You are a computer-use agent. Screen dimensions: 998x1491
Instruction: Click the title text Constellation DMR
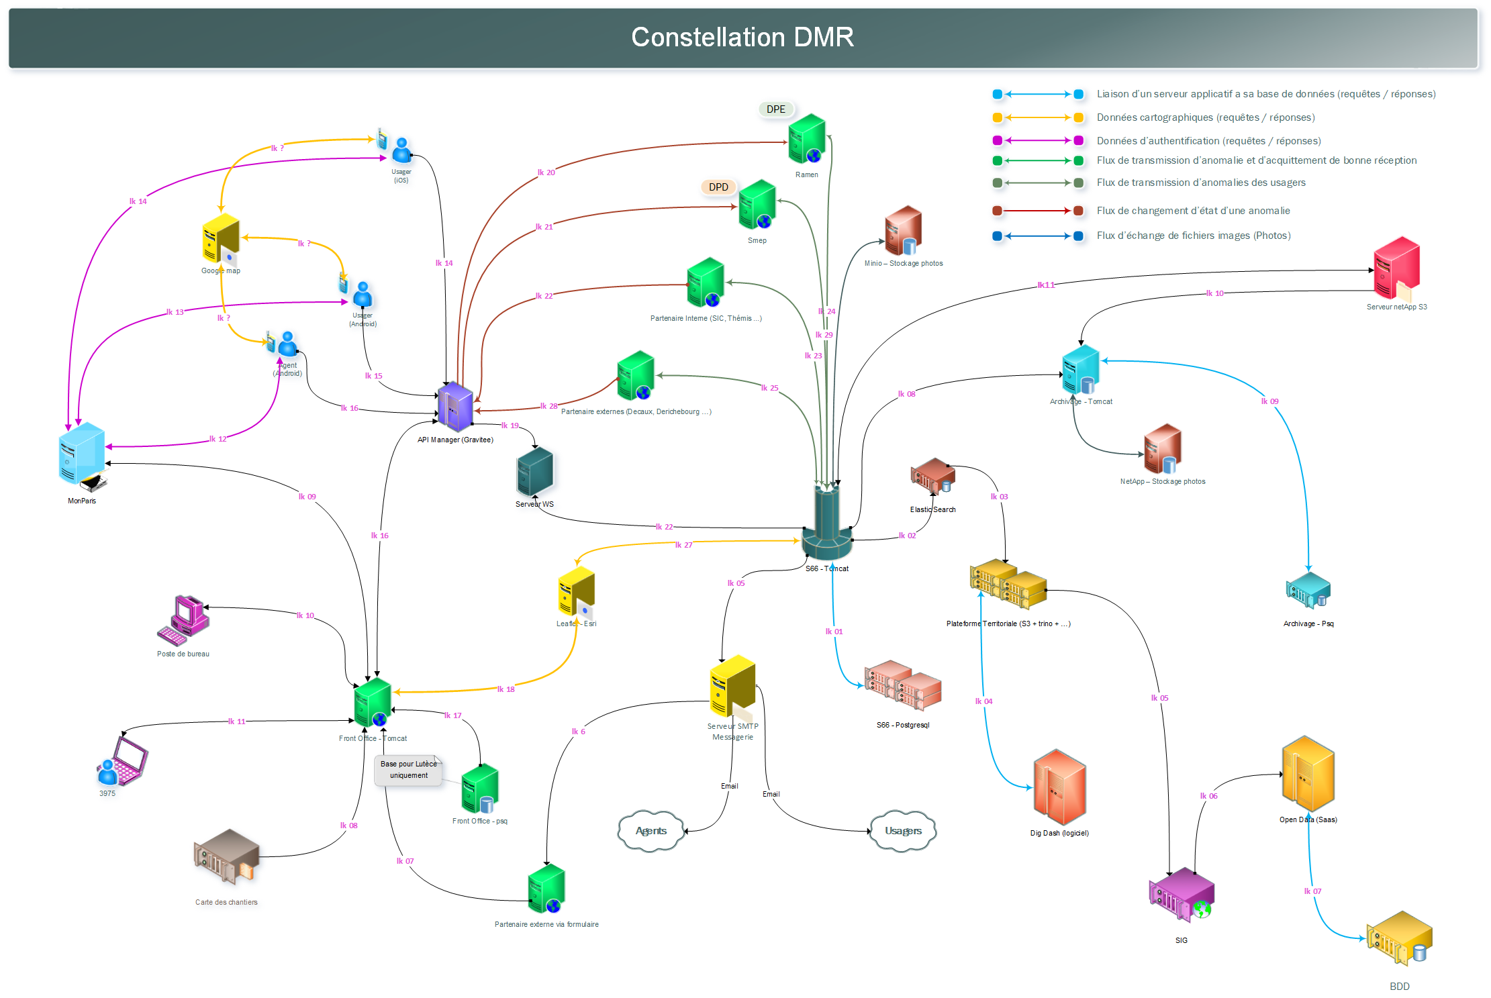click(x=742, y=38)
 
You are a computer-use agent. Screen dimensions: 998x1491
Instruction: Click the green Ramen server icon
click(x=807, y=139)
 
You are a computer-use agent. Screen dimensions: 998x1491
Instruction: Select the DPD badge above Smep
click(x=718, y=187)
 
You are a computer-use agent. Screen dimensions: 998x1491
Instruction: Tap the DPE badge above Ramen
click(x=775, y=109)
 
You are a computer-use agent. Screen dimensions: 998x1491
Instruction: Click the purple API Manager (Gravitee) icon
click(x=455, y=406)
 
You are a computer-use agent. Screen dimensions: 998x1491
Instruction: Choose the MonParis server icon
click(x=82, y=454)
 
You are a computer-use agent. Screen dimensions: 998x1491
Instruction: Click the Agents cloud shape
click(x=651, y=831)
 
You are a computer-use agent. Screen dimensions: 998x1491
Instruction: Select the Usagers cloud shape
click(x=903, y=831)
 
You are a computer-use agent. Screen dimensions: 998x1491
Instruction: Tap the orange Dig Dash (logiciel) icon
click(x=1059, y=787)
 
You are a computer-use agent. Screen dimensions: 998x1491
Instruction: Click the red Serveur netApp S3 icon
click(x=1396, y=267)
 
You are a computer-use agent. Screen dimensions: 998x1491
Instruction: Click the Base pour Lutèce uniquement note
click(x=408, y=770)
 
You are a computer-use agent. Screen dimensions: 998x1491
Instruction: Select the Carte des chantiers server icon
click(x=226, y=856)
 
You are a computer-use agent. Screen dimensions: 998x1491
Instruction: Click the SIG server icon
click(x=1181, y=895)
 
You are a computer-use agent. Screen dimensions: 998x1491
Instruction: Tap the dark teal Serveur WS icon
click(x=534, y=472)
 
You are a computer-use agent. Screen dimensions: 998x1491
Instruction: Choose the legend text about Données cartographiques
click(x=1205, y=117)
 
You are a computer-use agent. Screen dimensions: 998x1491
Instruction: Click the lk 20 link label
click(x=546, y=172)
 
